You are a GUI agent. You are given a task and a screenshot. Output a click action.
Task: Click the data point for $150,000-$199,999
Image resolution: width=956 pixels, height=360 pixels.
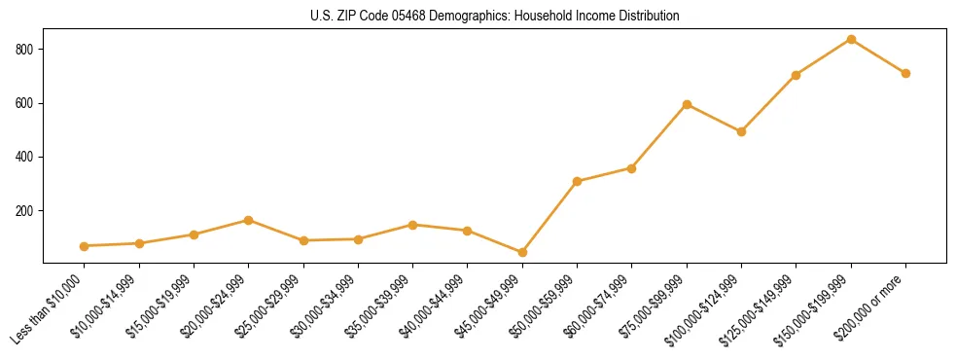(x=851, y=40)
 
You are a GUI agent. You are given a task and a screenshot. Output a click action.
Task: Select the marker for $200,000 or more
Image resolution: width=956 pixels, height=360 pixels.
(x=905, y=73)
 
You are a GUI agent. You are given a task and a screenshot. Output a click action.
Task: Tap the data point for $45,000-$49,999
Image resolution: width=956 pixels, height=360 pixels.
(x=522, y=253)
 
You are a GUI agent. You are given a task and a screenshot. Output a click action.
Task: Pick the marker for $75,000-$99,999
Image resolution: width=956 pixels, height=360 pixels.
(x=687, y=104)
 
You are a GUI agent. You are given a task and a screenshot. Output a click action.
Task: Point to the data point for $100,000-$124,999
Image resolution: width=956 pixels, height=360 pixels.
(x=741, y=131)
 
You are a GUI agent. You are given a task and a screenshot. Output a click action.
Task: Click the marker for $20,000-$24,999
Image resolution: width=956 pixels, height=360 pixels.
(x=248, y=220)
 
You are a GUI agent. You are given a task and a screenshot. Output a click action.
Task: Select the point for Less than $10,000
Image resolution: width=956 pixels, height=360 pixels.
(x=84, y=246)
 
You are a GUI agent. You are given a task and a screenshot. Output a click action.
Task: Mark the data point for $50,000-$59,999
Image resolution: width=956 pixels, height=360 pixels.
(x=577, y=181)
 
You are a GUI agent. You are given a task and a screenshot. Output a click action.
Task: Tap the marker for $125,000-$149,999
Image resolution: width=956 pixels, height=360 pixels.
(x=797, y=75)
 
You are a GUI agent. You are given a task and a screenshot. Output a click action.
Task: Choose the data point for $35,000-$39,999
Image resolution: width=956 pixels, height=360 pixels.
(x=412, y=225)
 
